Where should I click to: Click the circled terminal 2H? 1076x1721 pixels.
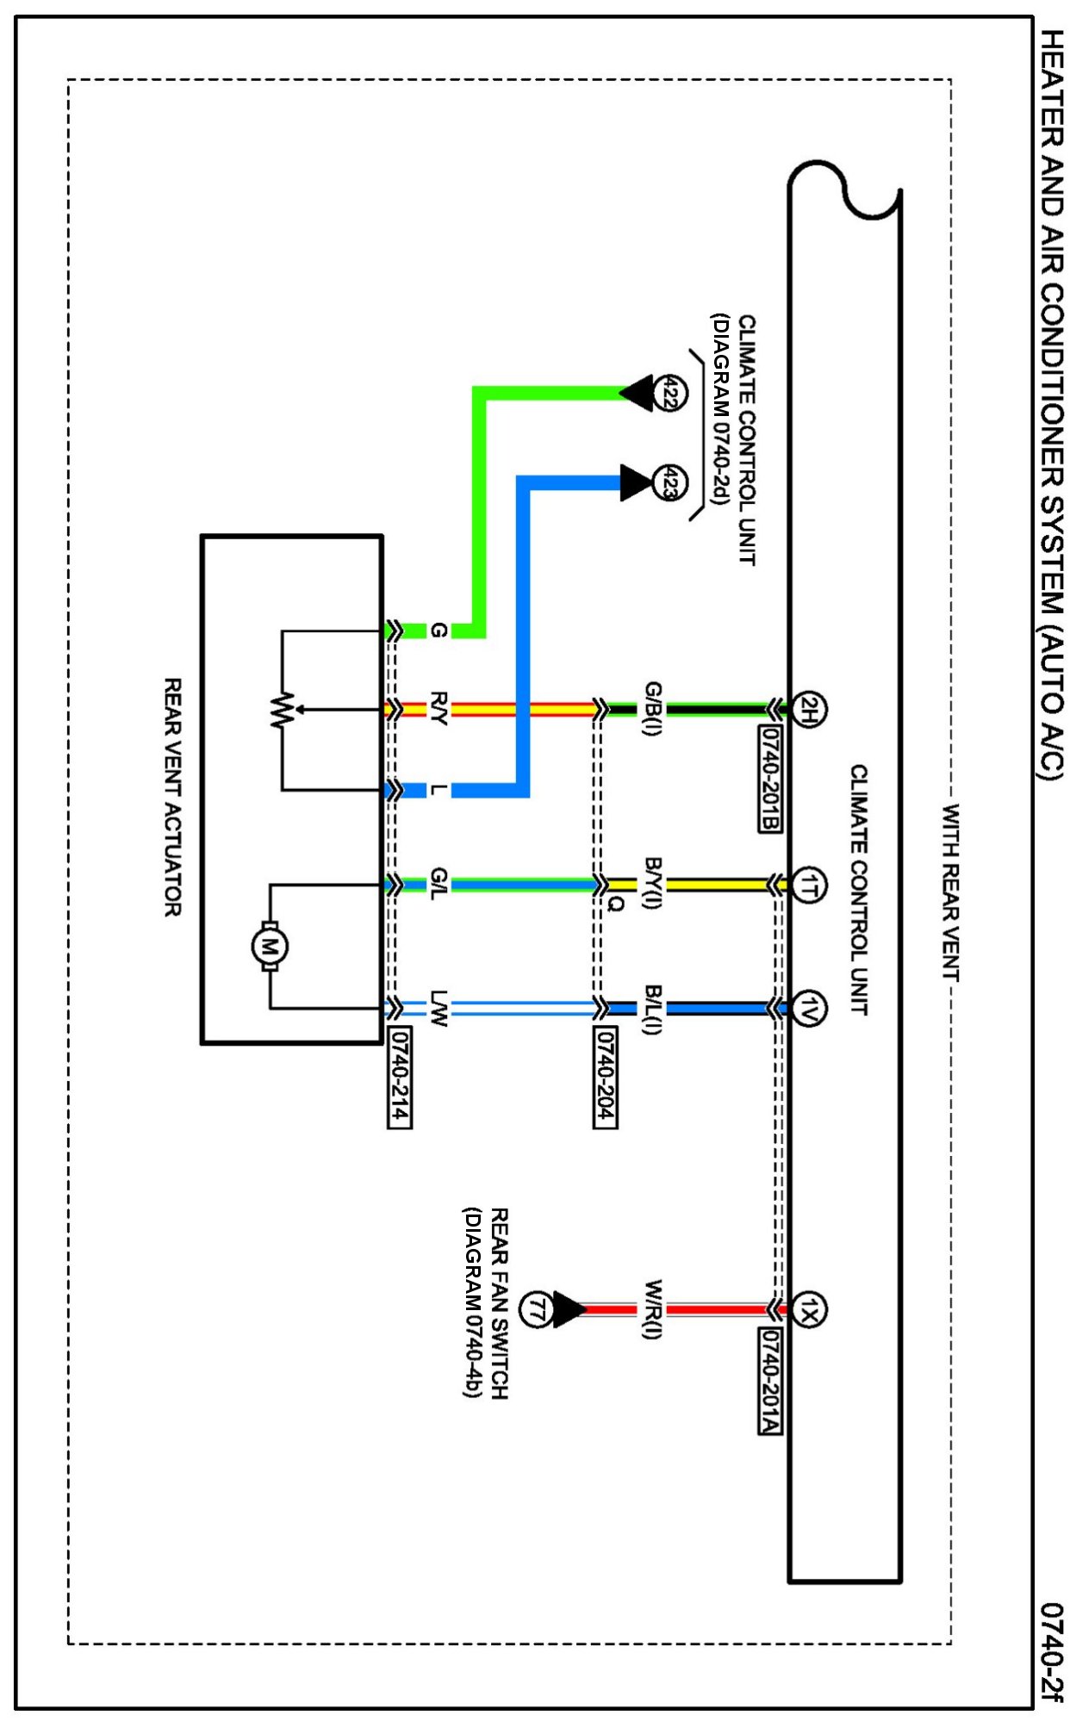tap(808, 709)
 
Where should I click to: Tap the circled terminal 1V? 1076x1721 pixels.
tap(808, 1007)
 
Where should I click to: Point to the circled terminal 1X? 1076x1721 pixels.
tap(808, 1310)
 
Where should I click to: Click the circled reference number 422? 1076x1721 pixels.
tap(669, 393)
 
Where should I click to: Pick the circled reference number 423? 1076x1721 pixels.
tap(669, 482)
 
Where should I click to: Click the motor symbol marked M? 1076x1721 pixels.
tap(270, 947)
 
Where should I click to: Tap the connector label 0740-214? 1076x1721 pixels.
tap(399, 1077)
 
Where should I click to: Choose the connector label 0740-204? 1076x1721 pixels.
tap(606, 1077)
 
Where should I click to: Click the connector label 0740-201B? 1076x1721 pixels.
tap(770, 780)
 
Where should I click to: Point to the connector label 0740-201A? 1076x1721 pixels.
tap(770, 1382)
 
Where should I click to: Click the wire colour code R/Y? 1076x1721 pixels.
tap(438, 709)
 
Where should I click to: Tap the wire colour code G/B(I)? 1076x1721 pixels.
tap(653, 709)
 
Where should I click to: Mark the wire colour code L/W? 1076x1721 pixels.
tap(438, 1008)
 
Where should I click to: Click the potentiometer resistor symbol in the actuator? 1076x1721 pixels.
tap(282, 711)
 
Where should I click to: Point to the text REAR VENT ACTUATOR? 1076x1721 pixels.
tap(173, 797)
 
